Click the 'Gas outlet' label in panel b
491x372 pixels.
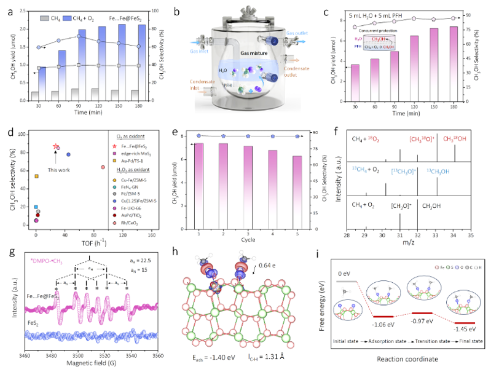(x=297, y=29)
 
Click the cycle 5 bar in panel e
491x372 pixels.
(x=297, y=192)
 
